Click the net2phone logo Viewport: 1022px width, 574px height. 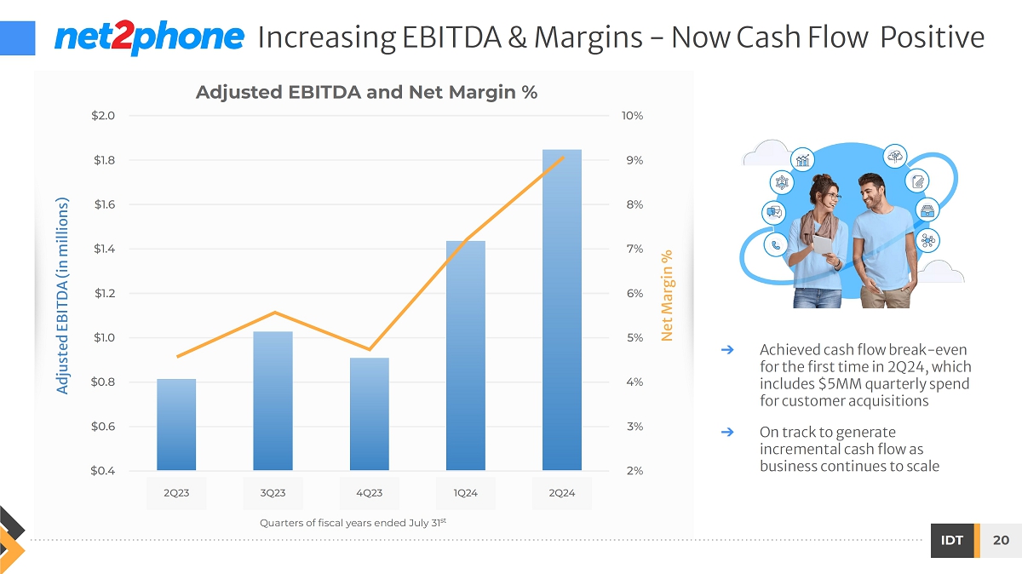(x=149, y=37)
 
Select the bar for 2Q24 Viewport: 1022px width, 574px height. (x=562, y=310)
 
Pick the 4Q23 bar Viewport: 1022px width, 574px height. (x=369, y=414)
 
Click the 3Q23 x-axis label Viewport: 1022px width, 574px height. (x=273, y=493)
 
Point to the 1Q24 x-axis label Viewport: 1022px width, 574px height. (x=466, y=493)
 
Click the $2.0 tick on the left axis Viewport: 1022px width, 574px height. (x=104, y=116)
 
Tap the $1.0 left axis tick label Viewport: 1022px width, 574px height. (x=104, y=337)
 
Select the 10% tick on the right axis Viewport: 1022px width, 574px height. (x=632, y=116)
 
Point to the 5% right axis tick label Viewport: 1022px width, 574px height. (x=632, y=337)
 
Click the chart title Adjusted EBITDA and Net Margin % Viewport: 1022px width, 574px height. (x=366, y=92)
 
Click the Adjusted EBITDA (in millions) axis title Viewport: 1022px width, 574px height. (x=62, y=296)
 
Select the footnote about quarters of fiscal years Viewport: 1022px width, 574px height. (x=353, y=522)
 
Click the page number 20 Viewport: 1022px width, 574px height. (x=1001, y=541)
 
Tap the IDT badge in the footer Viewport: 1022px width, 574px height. (x=952, y=541)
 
